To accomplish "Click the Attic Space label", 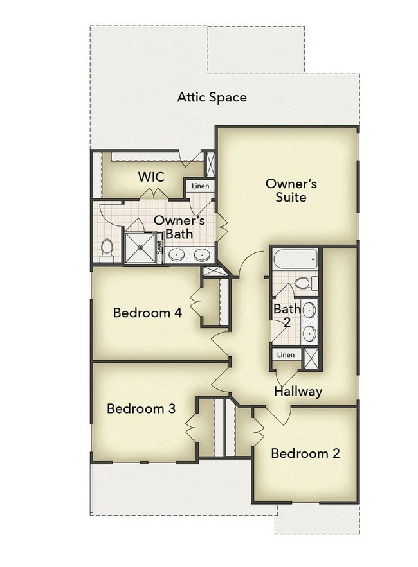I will click(x=212, y=98).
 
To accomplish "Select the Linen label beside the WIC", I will click(x=200, y=186).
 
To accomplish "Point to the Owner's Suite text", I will click(x=291, y=190).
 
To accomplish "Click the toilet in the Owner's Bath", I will click(x=107, y=249).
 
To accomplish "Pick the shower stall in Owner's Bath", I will click(x=140, y=247).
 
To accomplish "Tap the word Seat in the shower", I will click(x=160, y=248).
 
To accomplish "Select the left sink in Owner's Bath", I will click(x=177, y=254).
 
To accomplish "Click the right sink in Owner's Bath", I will click(x=202, y=254).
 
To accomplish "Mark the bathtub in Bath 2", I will click(x=295, y=260).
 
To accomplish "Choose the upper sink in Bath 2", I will click(x=309, y=310).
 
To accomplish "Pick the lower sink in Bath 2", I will click(x=309, y=333).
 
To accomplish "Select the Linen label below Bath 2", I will click(x=286, y=355).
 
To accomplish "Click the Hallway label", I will click(x=298, y=391).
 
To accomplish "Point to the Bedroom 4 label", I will click(x=147, y=313).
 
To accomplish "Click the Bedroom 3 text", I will click(x=141, y=408).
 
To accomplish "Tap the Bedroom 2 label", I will click(x=305, y=453).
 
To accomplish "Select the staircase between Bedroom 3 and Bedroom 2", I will click(x=224, y=427).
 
